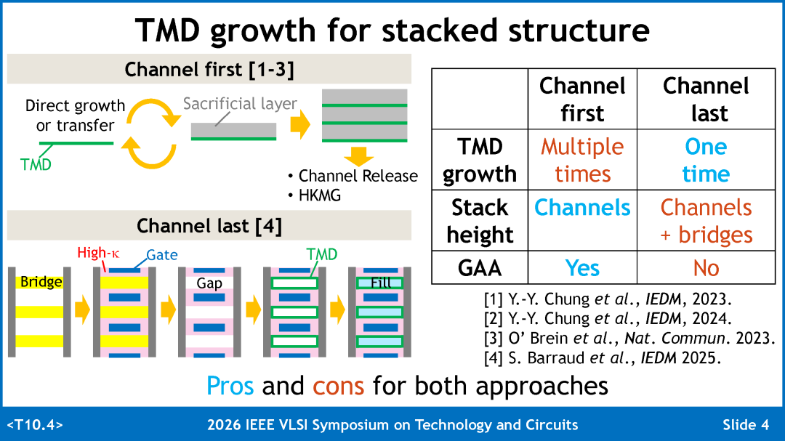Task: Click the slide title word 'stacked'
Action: [x=439, y=30]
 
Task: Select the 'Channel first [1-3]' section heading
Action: [x=209, y=70]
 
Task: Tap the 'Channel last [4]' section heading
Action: [x=209, y=226]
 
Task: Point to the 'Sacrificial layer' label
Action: [x=240, y=104]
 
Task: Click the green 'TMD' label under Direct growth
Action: [x=36, y=164]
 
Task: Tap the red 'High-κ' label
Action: [x=98, y=253]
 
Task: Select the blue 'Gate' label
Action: [x=161, y=255]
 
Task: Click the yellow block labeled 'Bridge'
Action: [x=39, y=283]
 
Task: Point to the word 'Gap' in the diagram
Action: [x=209, y=283]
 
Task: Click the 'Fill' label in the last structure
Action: [x=380, y=283]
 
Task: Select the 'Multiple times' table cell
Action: [x=582, y=160]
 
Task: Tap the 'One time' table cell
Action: [x=706, y=160]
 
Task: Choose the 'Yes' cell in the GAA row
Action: [x=582, y=268]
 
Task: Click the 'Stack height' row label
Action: [x=480, y=221]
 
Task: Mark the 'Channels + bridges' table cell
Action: [x=706, y=221]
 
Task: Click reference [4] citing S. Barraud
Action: [x=603, y=358]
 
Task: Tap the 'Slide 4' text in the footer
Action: [x=746, y=425]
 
